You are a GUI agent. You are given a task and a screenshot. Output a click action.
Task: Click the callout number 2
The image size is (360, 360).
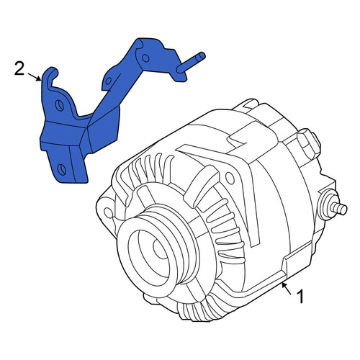click(19, 68)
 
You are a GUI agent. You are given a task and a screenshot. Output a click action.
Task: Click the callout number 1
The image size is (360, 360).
click(300, 297)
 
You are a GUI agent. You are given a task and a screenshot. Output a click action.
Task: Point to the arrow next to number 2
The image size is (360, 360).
click(35, 76)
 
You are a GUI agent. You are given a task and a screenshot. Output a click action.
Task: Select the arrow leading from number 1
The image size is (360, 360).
click(287, 289)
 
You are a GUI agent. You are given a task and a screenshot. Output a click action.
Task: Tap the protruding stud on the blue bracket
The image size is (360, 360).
click(192, 63)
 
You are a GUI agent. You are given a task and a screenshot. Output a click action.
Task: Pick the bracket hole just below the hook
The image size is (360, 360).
click(59, 105)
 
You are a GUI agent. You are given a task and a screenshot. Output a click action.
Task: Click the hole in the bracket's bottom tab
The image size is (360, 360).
click(61, 168)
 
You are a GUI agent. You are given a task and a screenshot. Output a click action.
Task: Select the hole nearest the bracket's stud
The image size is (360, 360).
click(145, 58)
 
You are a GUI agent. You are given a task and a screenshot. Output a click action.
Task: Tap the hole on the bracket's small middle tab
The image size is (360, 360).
click(108, 80)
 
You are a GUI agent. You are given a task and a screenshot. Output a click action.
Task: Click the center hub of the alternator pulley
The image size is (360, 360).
click(161, 250)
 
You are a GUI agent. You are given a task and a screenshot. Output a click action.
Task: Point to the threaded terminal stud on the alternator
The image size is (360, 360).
click(340, 208)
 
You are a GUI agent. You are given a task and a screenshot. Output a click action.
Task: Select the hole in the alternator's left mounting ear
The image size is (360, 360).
click(109, 212)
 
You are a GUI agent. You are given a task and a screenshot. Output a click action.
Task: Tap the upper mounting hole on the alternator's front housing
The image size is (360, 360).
click(230, 178)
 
